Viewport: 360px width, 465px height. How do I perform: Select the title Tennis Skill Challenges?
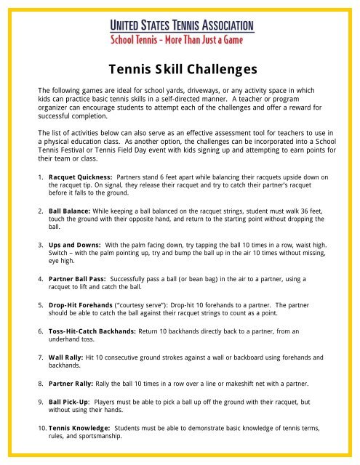[180, 70]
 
